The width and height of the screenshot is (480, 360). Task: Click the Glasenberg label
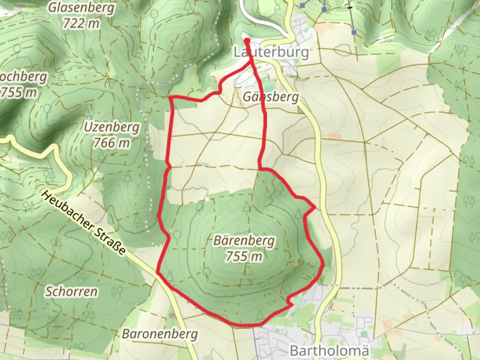click(81, 8)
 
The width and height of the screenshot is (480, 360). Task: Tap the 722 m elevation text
click(81, 23)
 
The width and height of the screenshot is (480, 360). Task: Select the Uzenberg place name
click(112, 127)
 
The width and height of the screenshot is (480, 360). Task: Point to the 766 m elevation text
click(111, 143)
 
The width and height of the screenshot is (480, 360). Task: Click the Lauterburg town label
click(271, 52)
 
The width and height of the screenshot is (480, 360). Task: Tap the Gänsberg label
click(270, 97)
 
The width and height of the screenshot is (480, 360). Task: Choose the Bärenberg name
click(244, 240)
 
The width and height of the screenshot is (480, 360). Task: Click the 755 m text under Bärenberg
click(244, 256)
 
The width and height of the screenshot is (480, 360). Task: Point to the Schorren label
click(71, 291)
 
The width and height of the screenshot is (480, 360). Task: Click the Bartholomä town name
click(329, 351)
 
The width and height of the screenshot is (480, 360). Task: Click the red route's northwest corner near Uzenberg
click(171, 97)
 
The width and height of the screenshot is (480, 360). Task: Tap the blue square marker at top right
click(354, 32)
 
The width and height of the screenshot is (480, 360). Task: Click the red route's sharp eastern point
click(315, 208)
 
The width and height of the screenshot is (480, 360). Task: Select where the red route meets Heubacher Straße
click(158, 272)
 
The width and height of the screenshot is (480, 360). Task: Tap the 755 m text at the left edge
click(18, 92)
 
